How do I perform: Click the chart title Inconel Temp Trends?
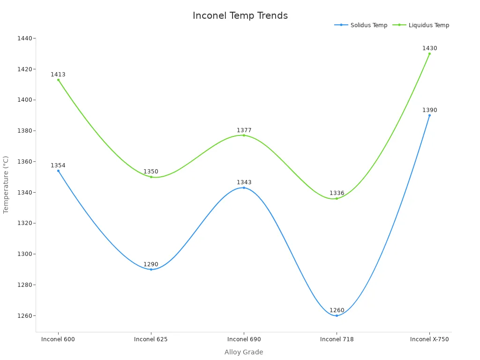(x=240, y=15)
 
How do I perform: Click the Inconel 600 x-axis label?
(x=58, y=339)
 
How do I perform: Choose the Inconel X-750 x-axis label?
(x=429, y=339)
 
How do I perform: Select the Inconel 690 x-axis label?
(x=244, y=339)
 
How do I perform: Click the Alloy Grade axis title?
(x=244, y=352)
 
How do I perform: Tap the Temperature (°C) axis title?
(x=6, y=185)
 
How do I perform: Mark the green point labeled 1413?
(x=59, y=80)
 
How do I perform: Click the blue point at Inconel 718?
(x=337, y=315)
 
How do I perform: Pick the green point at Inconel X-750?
(x=429, y=53)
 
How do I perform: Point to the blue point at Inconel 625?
(x=151, y=270)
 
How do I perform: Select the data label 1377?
(x=244, y=130)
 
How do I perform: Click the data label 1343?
(x=244, y=182)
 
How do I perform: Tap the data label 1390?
(x=429, y=110)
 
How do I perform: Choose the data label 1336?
(x=337, y=193)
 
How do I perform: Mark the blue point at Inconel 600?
(x=59, y=171)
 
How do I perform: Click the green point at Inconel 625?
(x=151, y=177)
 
